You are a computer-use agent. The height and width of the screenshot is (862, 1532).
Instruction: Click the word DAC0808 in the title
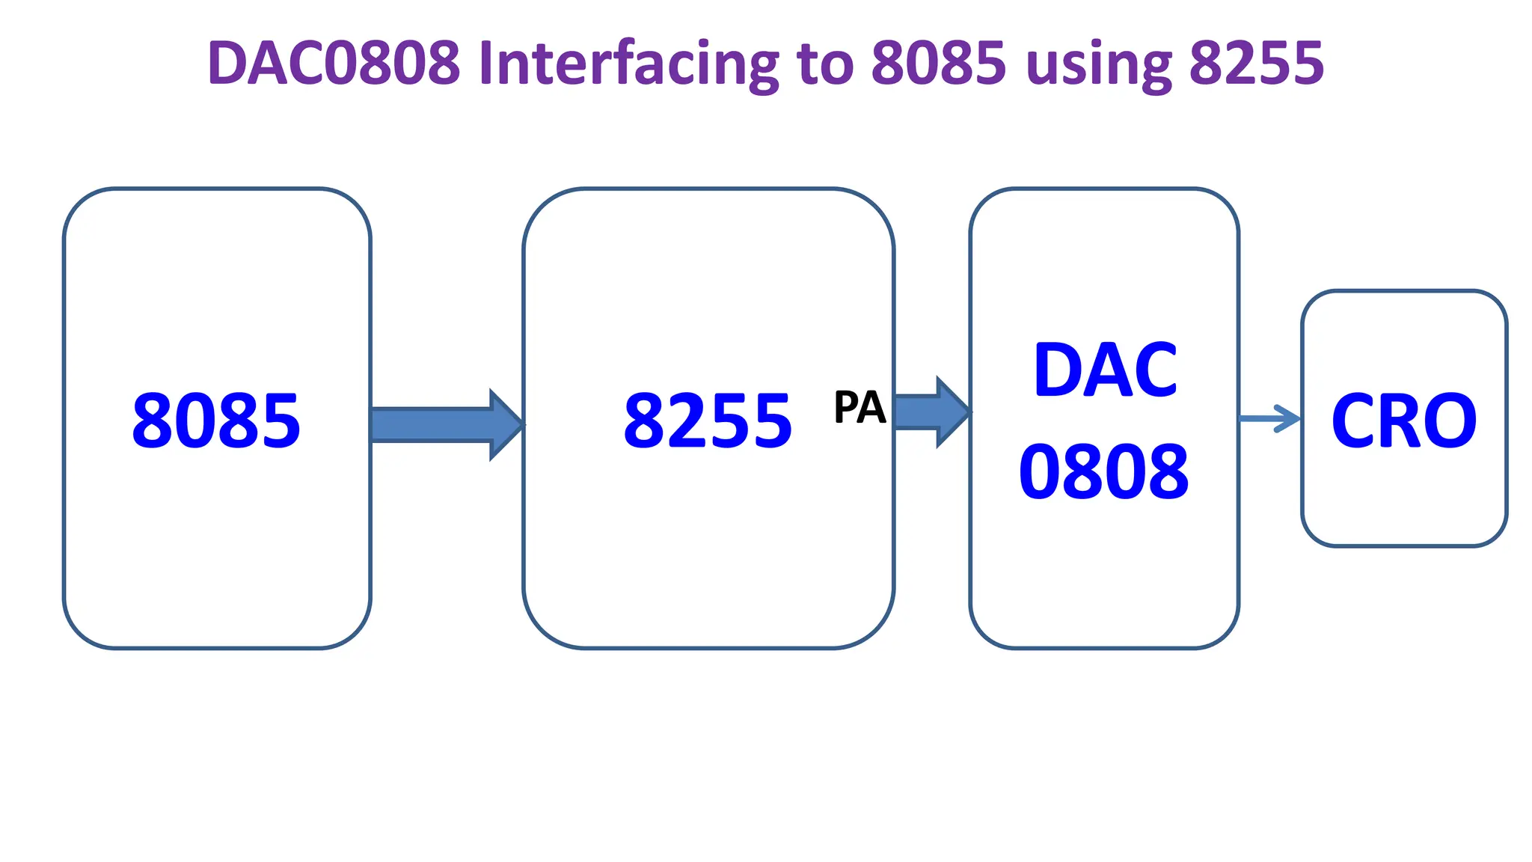(334, 63)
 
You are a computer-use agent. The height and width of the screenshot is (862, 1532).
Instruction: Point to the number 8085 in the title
(938, 63)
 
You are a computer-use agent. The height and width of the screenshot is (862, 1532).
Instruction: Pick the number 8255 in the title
(1257, 63)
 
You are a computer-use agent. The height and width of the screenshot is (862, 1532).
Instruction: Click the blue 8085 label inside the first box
(216, 421)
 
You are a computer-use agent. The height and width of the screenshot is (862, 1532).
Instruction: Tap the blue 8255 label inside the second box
(708, 421)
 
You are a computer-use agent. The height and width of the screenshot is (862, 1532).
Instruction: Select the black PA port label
(860, 408)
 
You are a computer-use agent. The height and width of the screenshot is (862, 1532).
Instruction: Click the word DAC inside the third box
(1105, 370)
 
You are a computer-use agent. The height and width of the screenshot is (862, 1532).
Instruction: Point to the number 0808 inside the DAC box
(1104, 472)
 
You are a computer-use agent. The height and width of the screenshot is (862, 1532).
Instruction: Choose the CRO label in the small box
(1404, 421)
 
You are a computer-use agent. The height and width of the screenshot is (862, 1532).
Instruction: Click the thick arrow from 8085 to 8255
(441, 424)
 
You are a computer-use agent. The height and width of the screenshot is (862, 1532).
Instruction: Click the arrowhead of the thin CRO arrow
(1290, 418)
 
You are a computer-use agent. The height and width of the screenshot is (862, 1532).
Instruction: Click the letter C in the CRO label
(1356, 421)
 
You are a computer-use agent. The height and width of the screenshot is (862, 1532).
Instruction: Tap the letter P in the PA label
(846, 408)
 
